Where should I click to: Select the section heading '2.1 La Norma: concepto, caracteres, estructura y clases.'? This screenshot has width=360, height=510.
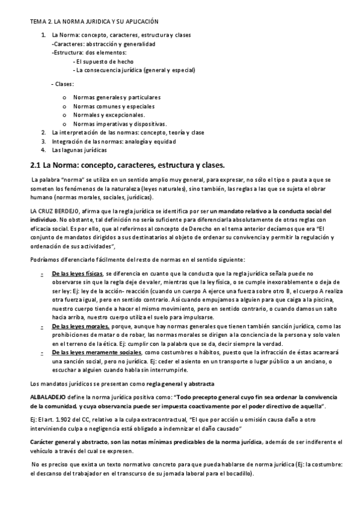pyautogui.click(x=127, y=165)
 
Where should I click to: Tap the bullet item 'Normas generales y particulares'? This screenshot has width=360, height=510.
pyautogui.click(x=117, y=97)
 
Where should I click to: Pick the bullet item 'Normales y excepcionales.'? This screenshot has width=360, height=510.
pyautogui.click(x=109, y=115)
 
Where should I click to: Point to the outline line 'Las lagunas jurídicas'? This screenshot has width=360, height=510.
pyautogui.click(x=79, y=150)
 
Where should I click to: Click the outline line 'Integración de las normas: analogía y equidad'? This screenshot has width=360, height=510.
pyautogui.click(x=114, y=141)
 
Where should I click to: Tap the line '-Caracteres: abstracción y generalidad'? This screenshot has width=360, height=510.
pyautogui.click(x=103, y=44)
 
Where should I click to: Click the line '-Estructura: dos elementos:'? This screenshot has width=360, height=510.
pyautogui.click(x=89, y=52)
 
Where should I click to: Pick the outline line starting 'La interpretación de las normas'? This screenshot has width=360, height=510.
pyautogui.click(x=128, y=132)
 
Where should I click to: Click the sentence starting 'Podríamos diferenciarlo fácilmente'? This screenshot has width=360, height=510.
pyautogui.click(x=137, y=259)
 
